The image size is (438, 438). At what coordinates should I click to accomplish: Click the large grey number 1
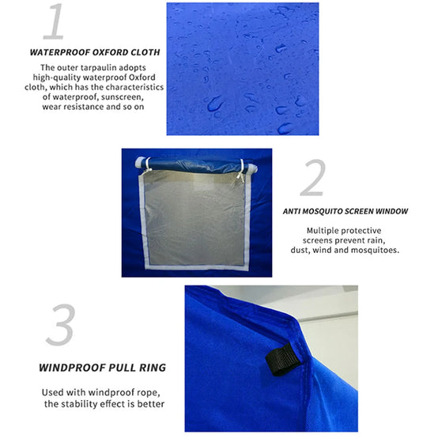(x=55, y=21)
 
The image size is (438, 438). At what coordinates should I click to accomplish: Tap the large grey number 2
(x=313, y=178)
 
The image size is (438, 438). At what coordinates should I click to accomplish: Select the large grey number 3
(x=61, y=325)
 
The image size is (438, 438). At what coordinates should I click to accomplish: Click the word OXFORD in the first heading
(x=110, y=52)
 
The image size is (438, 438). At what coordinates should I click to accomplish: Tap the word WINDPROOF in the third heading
(x=73, y=368)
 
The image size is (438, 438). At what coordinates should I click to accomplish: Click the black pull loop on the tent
(x=283, y=360)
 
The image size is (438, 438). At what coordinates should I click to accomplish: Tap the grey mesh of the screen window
(x=195, y=221)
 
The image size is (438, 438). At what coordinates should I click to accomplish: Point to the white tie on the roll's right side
(x=241, y=171)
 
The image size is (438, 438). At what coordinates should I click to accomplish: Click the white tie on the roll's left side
(x=148, y=164)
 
